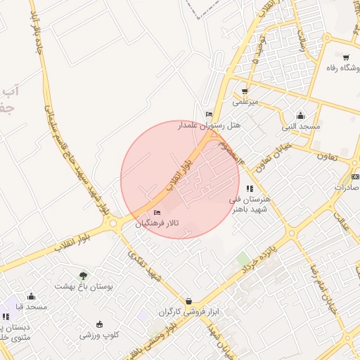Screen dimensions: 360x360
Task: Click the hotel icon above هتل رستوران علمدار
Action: (x=208, y=114)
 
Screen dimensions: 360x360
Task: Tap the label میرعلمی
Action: (x=247, y=101)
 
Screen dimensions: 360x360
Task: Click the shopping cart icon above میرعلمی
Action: (x=245, y=91)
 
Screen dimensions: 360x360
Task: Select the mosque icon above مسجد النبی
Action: (x=301, y=115)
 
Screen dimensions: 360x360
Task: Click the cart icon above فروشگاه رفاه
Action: (x=345, y=57)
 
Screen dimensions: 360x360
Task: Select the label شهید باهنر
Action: (x=248, y=209)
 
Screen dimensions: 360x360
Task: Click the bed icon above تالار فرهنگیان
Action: (x=157, y=212)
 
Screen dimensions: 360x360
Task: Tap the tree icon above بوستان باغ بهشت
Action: (x=84, y=275)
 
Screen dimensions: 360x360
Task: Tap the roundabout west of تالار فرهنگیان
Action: (x=112, y=224)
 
